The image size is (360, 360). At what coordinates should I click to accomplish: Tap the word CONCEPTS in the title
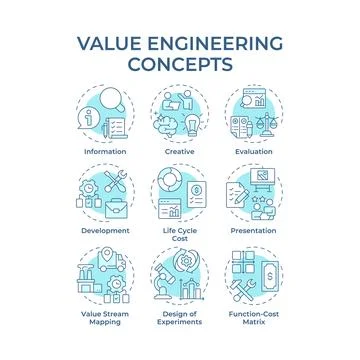click(x=180, y=65)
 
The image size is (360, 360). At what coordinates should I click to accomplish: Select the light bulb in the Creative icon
click(x=168, y=125)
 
